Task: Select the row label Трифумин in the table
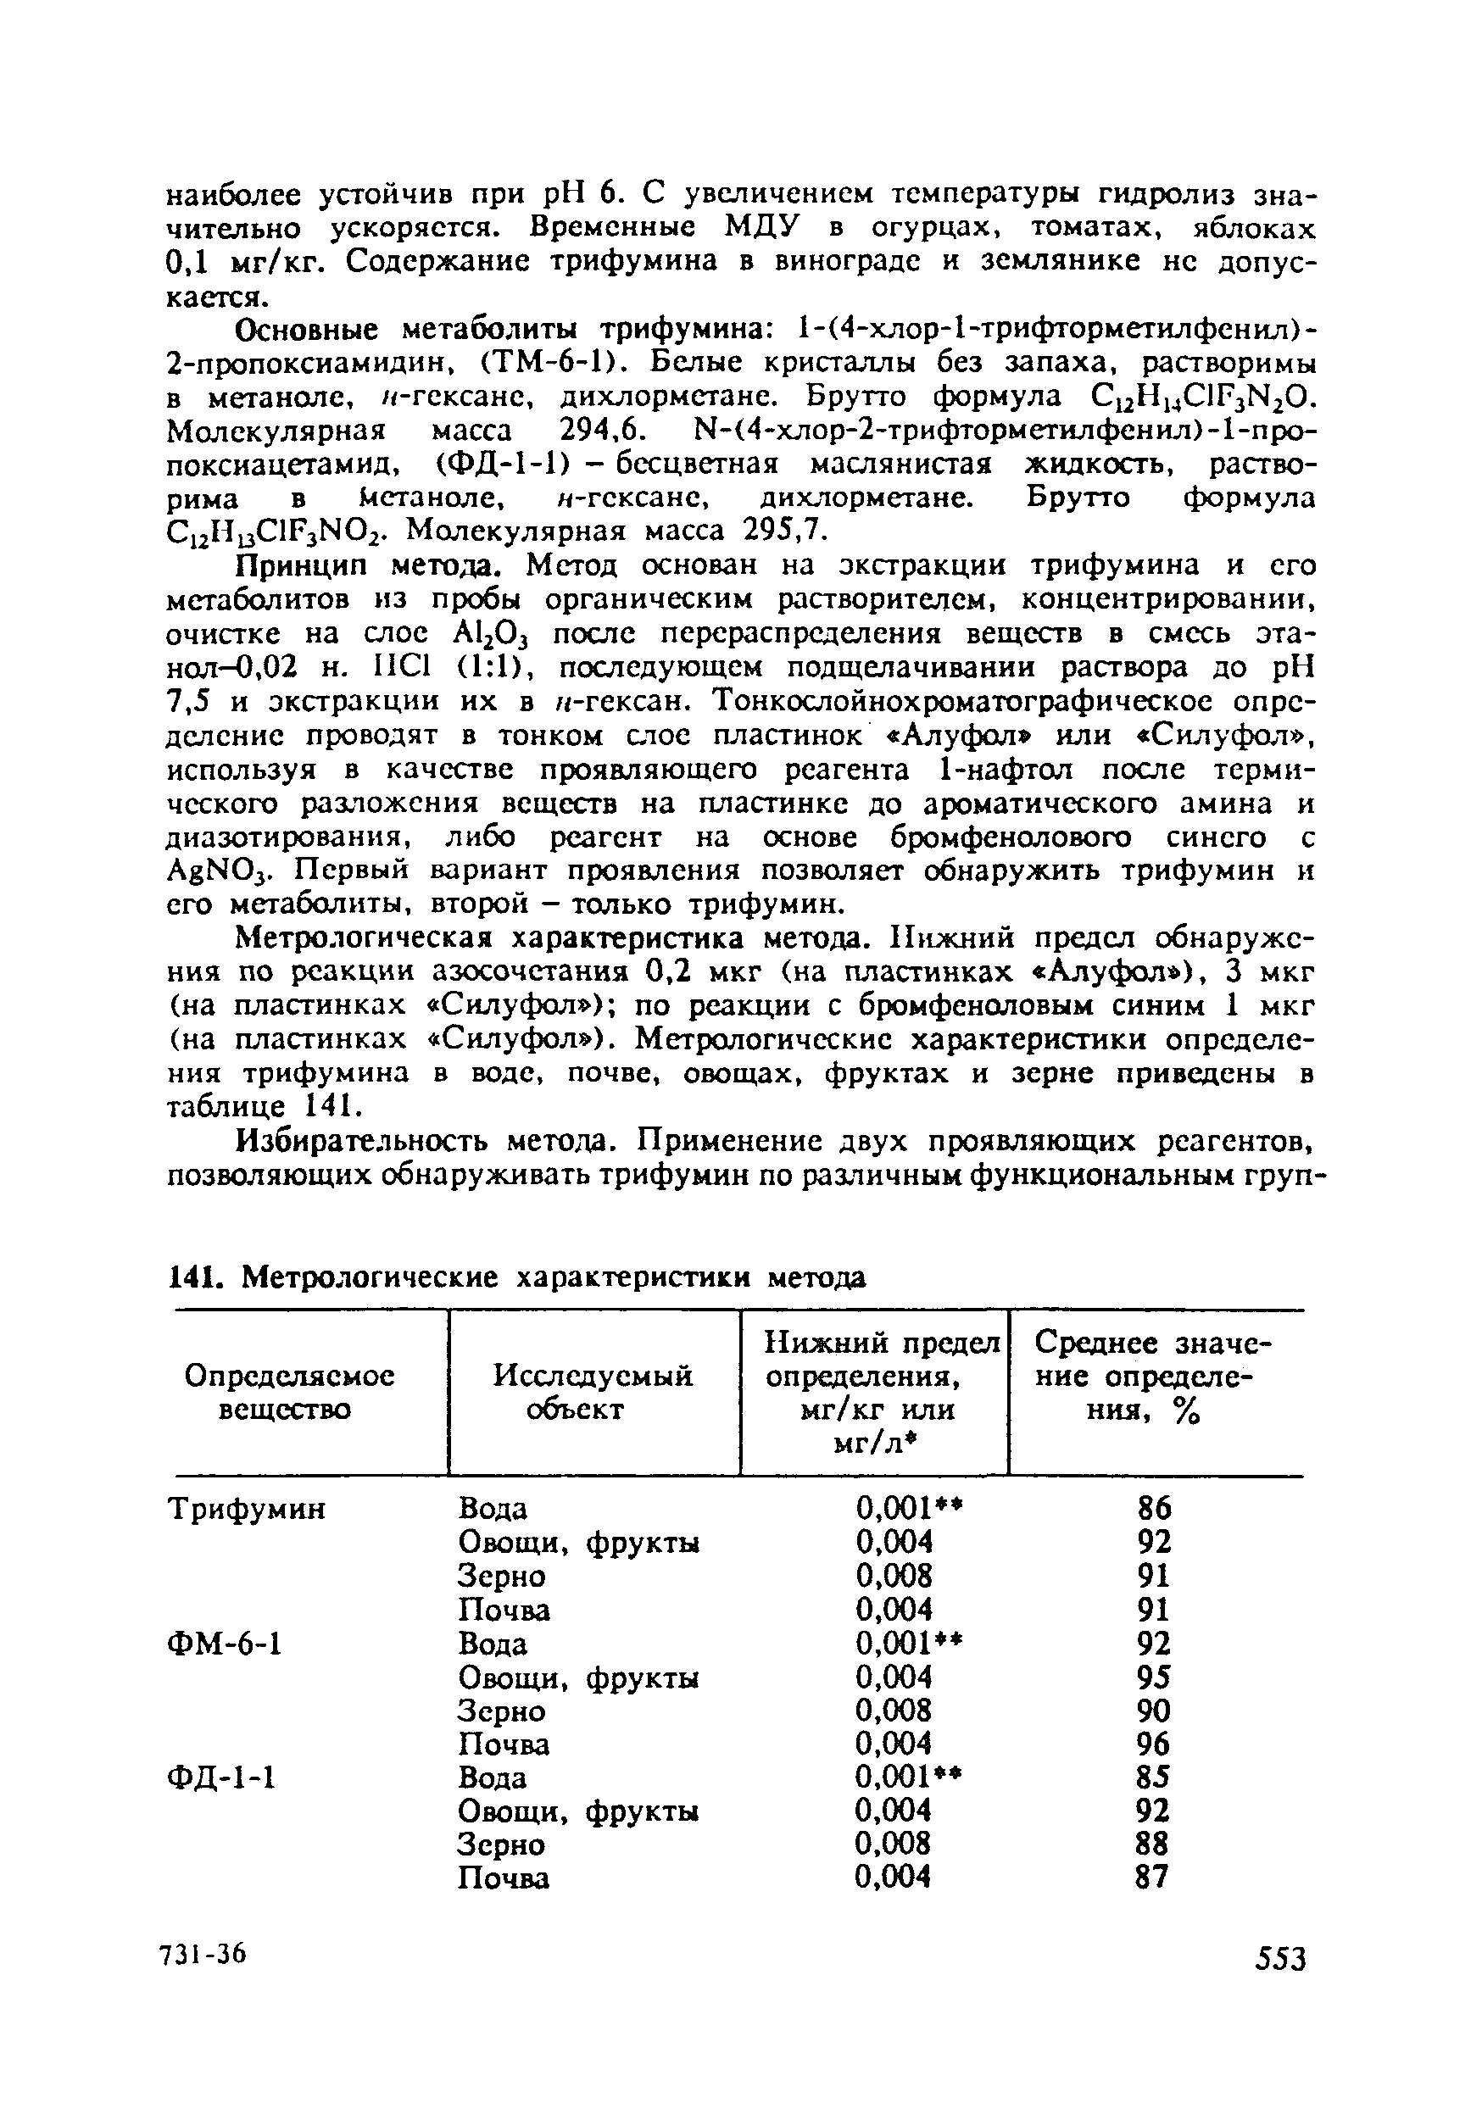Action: [x=248, y=1509]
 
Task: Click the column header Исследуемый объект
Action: [x=593, y=1392]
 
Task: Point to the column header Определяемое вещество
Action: [x=289, y=1392]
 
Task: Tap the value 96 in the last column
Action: [x=1153, y=1744]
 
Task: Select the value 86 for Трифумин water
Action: [x=1153, y=1508]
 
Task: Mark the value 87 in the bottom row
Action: [x=1153, y=1878]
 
